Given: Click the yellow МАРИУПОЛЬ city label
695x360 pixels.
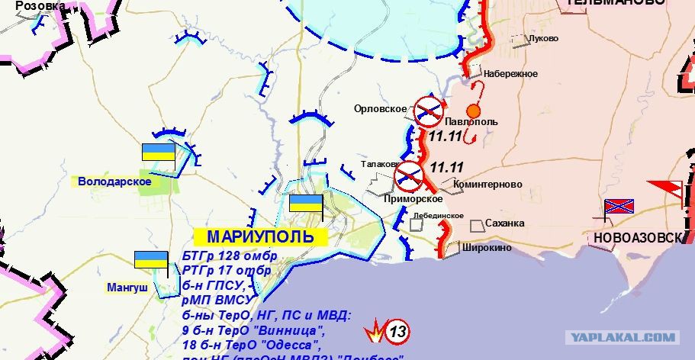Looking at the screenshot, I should click(x=260, y=236).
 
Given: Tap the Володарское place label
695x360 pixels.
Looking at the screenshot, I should click(x=114, y=182).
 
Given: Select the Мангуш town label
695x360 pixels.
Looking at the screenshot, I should click(x=126, y=288).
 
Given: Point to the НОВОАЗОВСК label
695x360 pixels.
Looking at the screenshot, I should click(x=635, y=238).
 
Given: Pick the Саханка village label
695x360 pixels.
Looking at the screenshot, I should click(x=506, y=223).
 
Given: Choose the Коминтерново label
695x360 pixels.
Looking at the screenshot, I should click(x=487, y=185).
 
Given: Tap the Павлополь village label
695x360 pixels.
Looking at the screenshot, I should click(x=471, y=122).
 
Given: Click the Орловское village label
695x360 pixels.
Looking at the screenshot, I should click(x=380, y=109).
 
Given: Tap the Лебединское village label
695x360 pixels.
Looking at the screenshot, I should click(x=438, y=216).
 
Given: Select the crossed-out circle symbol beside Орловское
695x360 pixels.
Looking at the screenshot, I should click(x=429, y=111).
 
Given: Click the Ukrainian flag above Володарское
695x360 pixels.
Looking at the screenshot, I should click(x=159, y=152).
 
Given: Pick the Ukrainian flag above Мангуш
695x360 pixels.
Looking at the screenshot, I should click(x=151, y=260).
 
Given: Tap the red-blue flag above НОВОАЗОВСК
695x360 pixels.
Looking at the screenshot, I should click(x=619, y=207).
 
